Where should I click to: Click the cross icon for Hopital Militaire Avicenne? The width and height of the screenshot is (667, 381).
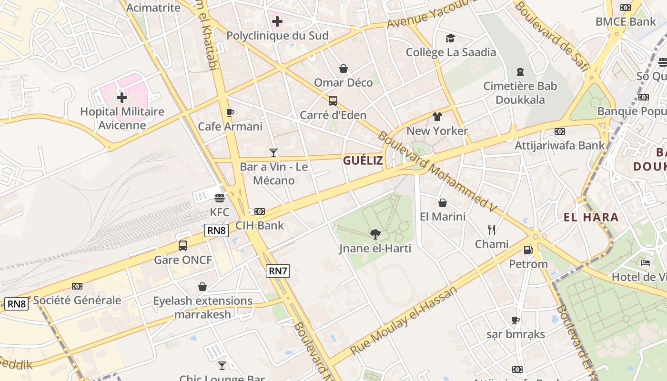click(122, 98)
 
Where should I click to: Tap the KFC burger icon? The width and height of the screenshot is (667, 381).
click(219, 198)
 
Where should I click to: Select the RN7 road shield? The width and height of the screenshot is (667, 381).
click(278, 271)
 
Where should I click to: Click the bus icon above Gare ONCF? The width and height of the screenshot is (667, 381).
click(183, 246)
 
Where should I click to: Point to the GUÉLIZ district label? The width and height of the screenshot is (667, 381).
click(363, 160)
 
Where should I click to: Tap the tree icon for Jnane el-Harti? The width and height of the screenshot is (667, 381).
click(375, 234)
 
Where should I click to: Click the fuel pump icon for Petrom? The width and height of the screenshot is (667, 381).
click(528, 250)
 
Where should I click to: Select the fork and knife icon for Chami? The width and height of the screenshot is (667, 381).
click(492, 230)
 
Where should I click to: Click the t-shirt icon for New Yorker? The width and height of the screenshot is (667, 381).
click(437, 117)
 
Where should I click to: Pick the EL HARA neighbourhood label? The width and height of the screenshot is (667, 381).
click(591, 218)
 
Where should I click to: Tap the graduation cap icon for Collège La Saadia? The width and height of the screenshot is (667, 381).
click(451, 38)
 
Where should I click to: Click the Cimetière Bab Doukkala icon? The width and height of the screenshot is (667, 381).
click(520, 72)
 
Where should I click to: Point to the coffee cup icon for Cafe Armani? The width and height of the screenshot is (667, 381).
click(230, 112)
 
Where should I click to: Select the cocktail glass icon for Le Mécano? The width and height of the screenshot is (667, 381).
click(273, 153)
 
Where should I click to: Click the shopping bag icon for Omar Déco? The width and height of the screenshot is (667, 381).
click(344, 69)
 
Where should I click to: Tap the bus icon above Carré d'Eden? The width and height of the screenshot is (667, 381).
click(333, 101)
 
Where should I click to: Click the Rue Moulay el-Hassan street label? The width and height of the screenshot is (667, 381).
click(404, 320)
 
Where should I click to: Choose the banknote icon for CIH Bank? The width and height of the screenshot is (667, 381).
click(260, 211)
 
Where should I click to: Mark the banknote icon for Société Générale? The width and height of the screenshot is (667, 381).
click(77, 286)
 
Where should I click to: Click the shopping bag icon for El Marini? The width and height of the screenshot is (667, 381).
click(443, 203)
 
